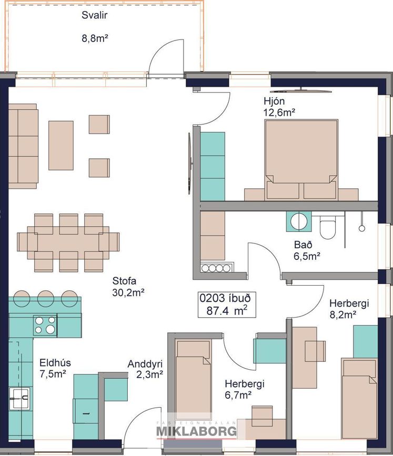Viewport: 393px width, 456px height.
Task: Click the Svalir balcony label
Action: pos(94,15)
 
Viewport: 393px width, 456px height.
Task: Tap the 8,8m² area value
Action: pos(95,38)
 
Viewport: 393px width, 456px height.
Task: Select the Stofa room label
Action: pos(124,281)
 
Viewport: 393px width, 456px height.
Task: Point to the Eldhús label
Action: pos(55,363)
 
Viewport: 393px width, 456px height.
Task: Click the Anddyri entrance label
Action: pos(145,364)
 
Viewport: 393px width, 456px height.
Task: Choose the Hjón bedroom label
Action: pos(274,101)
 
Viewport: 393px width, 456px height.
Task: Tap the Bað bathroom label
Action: pos(303,245)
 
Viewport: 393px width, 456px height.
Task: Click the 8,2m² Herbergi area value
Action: pos(343,315)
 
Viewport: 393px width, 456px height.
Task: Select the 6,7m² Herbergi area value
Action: pos(238,395)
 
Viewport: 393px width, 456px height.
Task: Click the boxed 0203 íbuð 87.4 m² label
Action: pos(227,305)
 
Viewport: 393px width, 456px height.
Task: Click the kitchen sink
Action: pos(19,399)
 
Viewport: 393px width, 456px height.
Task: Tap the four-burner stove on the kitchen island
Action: pos(45,325)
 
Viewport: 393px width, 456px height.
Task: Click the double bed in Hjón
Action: pos(301,160)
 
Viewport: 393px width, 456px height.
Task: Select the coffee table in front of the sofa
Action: pos(61,145)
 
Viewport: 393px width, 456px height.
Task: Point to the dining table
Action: pos(68,243)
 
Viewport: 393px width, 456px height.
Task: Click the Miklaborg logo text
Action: pos(197,431)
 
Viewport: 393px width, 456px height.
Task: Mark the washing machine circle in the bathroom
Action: pos(298,221)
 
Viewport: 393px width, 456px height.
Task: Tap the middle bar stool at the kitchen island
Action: pos(46,298)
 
